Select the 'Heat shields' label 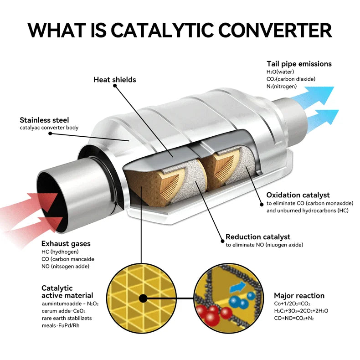[x=115, y=80]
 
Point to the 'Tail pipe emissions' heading [x=299, y=64]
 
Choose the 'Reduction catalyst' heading [x=258, y=237]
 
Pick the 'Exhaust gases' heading [x=66, y=244]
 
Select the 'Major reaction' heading [x=299, y=296]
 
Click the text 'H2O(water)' [x=281, y=72]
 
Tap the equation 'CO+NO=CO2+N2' [x=294, y=318]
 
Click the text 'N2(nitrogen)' [x=282, y=86]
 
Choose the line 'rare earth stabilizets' [x=67, y=319]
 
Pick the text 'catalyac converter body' [x=49, y=128]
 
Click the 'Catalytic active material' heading [x=67, y=292]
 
